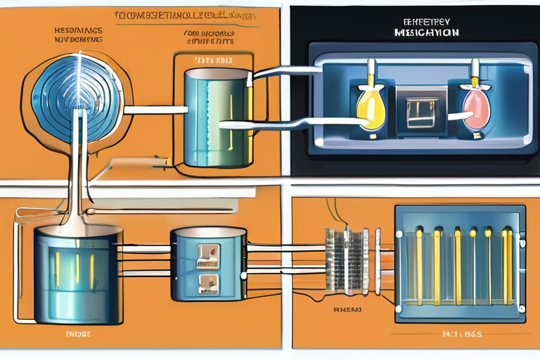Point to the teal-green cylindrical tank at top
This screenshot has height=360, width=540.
(214, 116)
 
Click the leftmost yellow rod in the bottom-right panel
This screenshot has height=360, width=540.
(419, 264)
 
